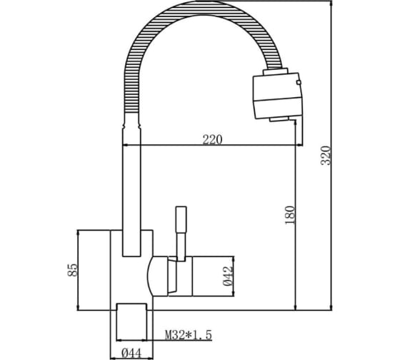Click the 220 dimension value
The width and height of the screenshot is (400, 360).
click(212, 139)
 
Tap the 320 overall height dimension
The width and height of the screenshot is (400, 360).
click(326, 156)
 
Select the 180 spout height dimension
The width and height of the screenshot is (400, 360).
click(290, 215)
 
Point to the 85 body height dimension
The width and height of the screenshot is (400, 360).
click(72, 270)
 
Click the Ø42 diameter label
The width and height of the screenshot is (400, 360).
click(228, 276)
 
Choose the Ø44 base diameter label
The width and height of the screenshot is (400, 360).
click(131, 354)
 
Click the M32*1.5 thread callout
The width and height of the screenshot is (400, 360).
click(189, 335)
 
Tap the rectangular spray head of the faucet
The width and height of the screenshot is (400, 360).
click(278, 96)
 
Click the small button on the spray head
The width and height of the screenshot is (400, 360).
click(299, 82)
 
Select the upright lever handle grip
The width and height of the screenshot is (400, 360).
click(181, 219)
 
